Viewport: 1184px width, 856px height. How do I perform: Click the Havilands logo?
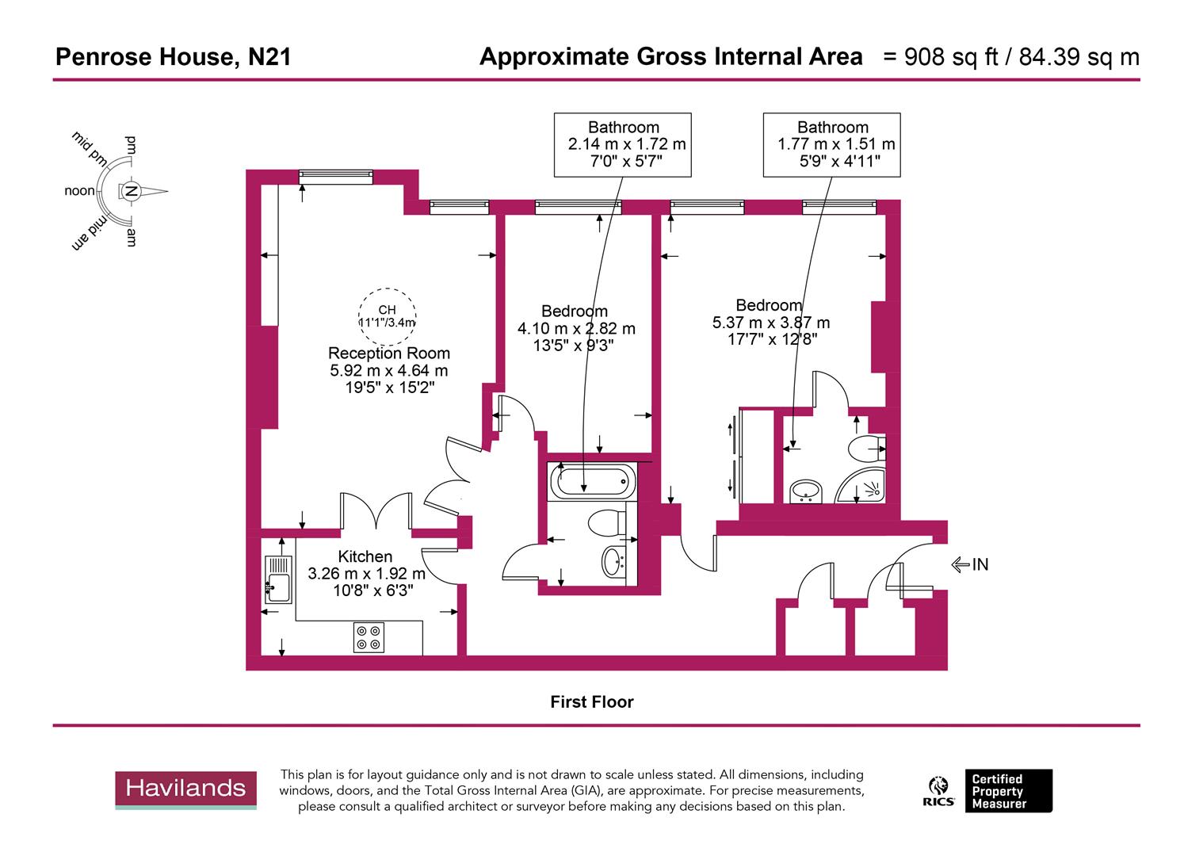[x=185, y=789]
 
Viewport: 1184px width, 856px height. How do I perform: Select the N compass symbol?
[x=132, y=191]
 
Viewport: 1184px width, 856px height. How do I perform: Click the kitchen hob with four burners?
[x=369, y=637]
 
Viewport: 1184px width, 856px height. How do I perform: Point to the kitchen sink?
[x=278, y=579]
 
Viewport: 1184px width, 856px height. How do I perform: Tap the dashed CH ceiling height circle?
[x=387, y=315]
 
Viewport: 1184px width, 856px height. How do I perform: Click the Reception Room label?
[x=388, y=353]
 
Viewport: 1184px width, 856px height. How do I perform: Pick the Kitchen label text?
[x=365, y=557]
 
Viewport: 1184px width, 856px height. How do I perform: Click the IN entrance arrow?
[x=970, y=564]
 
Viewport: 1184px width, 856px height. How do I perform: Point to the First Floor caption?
[x=592, y=701]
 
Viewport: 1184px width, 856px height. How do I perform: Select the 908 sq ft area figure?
[x=942, y=57]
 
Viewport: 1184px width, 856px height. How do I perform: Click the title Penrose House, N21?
[x=173, y=57]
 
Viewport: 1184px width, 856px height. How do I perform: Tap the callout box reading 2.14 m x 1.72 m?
[x=623, y=144]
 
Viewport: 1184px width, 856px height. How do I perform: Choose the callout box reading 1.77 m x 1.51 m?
[x=832, y=144]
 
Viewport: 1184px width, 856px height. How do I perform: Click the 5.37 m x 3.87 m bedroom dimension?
[x=771, y=323]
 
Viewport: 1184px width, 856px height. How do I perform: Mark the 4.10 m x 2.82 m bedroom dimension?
[x=576, y=328]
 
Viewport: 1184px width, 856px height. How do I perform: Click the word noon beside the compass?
[x=79, y=191]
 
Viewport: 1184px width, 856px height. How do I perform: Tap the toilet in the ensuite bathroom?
[x=865, y=449]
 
